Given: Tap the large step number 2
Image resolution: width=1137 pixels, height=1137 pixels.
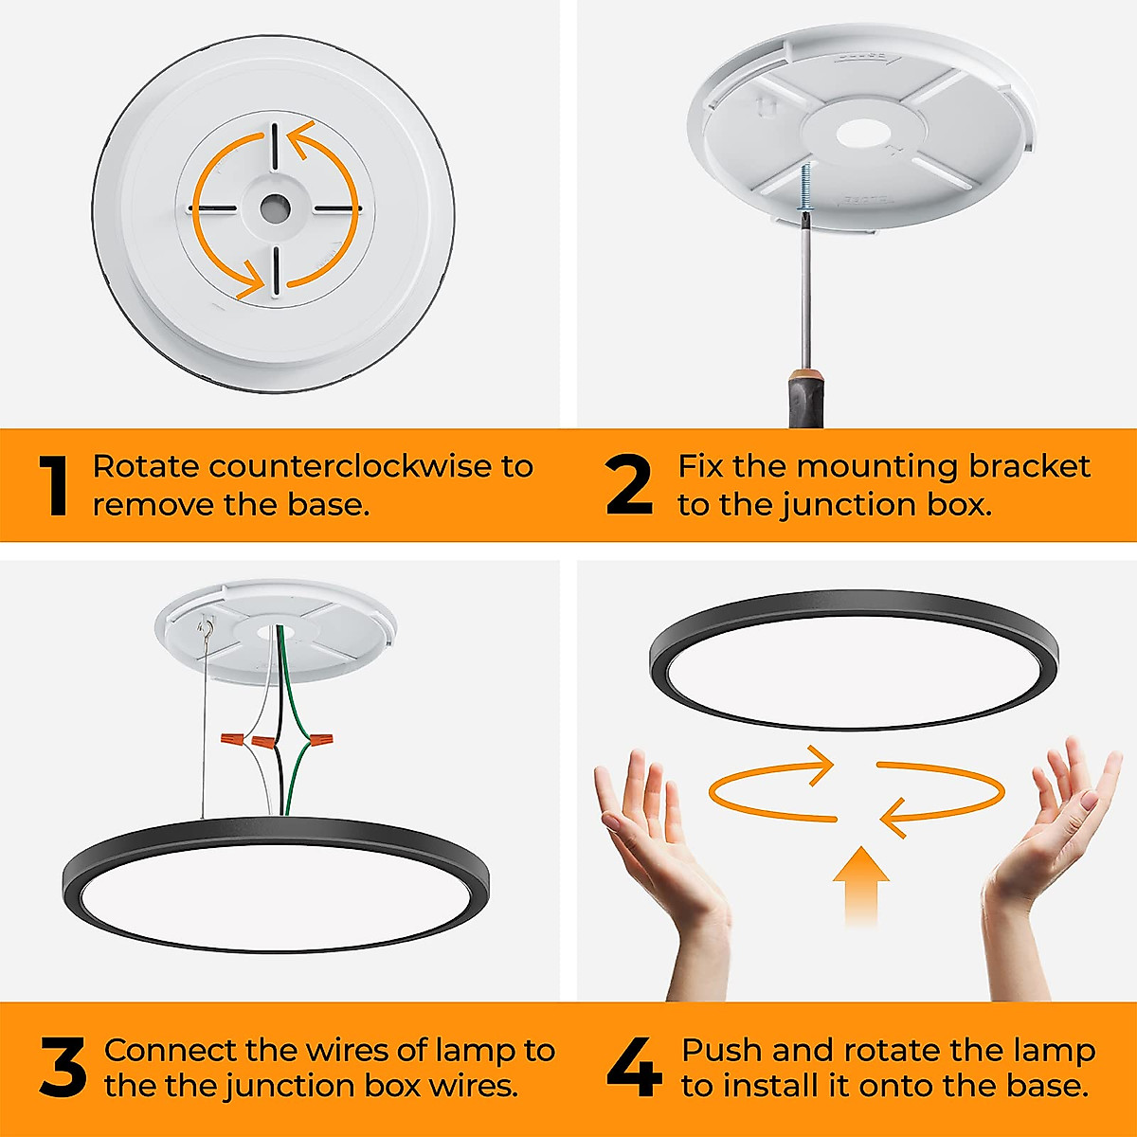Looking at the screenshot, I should [629, 485].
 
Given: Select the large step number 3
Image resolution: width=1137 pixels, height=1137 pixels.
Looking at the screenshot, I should [63, 1069].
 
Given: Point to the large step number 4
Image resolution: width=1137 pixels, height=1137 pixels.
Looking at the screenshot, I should [634, 1069].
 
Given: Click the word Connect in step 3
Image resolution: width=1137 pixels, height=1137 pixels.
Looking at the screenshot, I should [170, 1050].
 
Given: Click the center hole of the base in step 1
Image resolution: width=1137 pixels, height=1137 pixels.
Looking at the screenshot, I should [275, 208].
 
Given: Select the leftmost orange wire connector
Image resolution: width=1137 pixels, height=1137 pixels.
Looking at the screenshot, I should [230, 737].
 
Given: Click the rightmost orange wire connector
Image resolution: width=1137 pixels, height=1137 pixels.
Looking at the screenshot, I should [322, 738].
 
